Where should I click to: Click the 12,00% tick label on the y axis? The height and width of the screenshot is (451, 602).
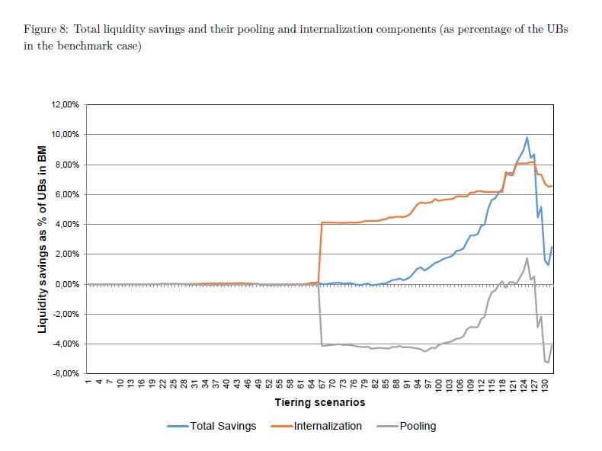(65, 104)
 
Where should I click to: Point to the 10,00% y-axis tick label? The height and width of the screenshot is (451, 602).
(65, 135)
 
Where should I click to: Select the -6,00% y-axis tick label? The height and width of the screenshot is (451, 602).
(65, 374)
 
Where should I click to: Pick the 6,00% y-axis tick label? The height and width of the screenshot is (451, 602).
(66, 194)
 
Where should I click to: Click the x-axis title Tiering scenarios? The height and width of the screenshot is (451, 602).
(319, 402)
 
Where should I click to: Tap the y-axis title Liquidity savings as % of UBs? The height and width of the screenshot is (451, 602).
(43, 238)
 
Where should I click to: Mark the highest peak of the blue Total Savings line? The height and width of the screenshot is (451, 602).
(527, 137)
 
